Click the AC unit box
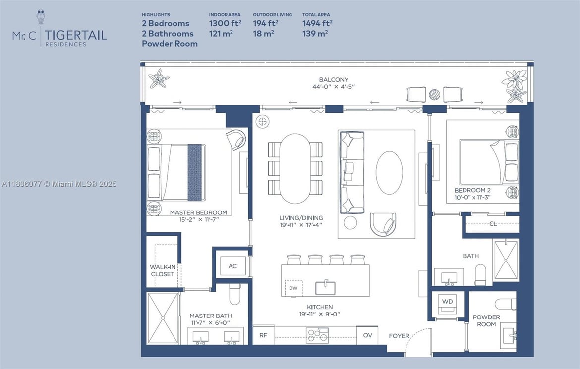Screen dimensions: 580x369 coord(232,266)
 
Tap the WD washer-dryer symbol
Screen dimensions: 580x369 coord(447,302)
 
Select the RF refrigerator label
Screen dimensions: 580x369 coord(263,335)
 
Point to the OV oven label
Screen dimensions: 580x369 coord(367,335)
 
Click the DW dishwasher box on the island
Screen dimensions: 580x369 coord(293,288)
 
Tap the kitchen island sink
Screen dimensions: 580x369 coord(326,288)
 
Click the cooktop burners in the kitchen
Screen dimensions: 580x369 coord(317,335)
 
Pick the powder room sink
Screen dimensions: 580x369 coord(508,336)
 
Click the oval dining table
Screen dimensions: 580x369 coord(295,168)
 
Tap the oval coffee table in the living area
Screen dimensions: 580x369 coord(389,172)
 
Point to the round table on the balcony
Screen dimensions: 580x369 coord(434,94)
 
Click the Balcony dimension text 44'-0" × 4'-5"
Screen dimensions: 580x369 coord(334,87)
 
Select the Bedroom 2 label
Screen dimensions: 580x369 coord(472,190)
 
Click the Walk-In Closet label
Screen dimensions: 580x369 coord(163,270)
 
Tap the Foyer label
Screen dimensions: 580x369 coord(399,336)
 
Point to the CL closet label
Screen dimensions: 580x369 coord(493,224)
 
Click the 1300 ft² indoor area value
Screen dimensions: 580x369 coord(225,23)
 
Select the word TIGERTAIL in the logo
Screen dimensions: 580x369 coord(77,35)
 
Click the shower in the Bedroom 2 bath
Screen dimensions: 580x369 coord(506,260)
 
